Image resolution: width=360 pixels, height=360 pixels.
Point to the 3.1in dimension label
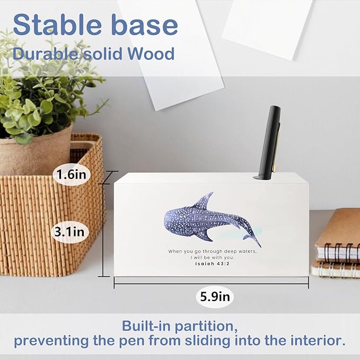coord(72,231)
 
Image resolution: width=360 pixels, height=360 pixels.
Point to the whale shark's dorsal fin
coord(204,200)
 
